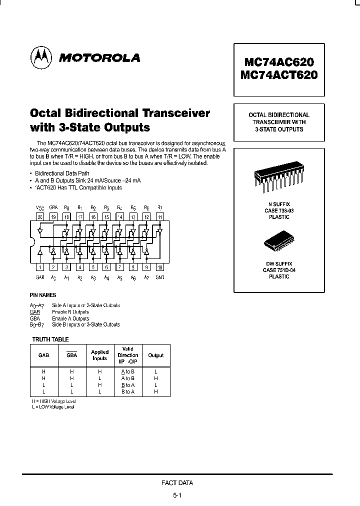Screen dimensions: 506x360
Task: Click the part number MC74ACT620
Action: coord(278,76)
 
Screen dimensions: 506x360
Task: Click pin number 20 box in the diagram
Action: coord(40,217)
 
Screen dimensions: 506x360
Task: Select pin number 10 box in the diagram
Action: coord(160,267)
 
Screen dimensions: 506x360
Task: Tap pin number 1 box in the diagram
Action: coord(40,267)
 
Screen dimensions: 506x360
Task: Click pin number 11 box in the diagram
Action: coord(160,217)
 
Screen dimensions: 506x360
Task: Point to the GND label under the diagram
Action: coord(160,277)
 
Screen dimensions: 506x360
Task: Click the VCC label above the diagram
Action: coord(40,207)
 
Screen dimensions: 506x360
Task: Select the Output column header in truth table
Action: coord(156,355)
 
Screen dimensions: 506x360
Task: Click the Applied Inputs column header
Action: coord(100,355)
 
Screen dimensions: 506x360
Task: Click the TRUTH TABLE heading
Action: coord(50,339)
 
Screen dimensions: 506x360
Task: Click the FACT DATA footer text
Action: coord(177,483)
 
